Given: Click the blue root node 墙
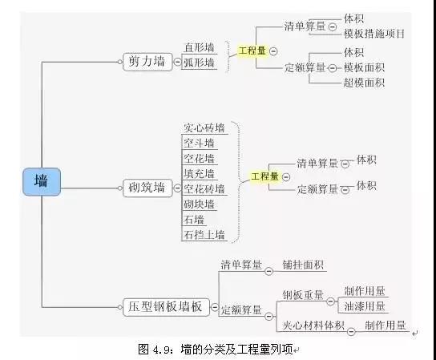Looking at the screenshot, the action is point(42,182).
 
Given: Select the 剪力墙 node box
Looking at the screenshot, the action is point(147,62).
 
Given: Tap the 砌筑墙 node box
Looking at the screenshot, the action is point(147,188).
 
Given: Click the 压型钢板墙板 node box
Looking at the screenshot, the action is point(166,307).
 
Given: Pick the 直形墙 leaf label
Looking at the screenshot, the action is point(200,47).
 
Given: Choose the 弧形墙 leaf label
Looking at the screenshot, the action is point(199,63).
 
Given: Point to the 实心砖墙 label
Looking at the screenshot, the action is point(204,128).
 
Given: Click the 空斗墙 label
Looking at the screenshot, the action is point(199,144).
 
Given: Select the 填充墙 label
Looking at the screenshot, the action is point(199,174).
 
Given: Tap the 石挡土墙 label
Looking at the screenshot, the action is point(204,235).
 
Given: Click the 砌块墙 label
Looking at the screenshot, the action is point(199,204).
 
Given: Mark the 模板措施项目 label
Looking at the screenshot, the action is point(374,34).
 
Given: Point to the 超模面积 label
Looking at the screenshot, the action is point(364,83).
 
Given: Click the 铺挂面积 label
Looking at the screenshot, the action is point(304,265).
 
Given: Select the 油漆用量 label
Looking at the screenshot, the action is point(365,306).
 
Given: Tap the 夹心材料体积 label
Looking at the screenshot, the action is point(313,325).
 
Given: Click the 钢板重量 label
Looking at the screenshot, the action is point(304,295).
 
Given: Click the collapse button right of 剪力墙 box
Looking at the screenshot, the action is point(177,62).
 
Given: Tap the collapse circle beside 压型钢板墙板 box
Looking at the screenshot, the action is point(215,307).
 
